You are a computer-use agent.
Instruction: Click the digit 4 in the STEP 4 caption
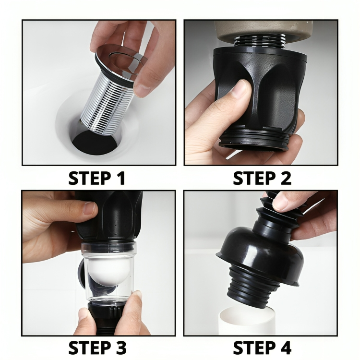285,347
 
